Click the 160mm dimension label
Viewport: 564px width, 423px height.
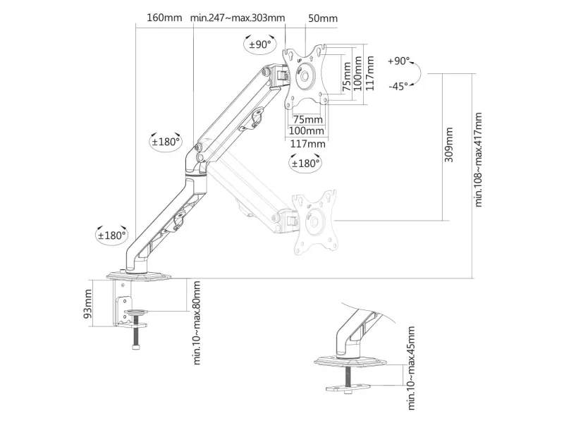(164, 18)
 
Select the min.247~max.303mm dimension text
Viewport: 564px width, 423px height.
(238, 18)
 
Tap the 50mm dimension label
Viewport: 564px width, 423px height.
(323, 18)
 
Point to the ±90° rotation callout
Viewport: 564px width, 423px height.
(259, 44)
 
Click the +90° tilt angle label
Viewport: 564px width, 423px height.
(398, 61)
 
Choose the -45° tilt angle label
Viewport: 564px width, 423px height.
(398, 86)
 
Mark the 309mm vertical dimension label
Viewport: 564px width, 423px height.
(448, 145)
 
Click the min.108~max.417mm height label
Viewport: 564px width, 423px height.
(478, 159)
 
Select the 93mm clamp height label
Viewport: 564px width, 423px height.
(87, 304)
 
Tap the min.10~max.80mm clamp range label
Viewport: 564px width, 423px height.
(197, 323)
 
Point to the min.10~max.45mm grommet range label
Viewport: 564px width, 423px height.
(411, 368)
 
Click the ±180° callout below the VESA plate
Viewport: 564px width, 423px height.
(305, 164)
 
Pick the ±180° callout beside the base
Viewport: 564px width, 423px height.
(112, 235)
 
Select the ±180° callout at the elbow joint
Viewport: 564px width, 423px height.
(166, 142)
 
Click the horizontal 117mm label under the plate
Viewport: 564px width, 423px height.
(307, 144)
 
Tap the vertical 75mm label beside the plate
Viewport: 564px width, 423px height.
(346, 77)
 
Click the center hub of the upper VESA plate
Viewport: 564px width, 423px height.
(305, 76)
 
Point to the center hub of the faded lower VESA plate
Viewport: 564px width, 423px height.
(314, 221)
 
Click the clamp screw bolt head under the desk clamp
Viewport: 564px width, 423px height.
(135, 348)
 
